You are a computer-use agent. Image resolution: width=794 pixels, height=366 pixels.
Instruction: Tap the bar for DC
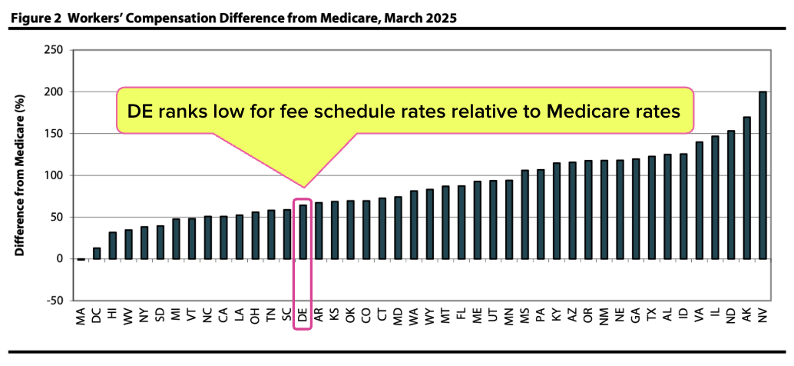97,253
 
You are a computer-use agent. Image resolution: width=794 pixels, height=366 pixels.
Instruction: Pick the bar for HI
113,245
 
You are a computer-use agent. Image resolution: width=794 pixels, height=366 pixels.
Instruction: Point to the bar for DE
303,231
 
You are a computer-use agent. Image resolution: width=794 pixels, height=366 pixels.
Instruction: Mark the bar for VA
699,200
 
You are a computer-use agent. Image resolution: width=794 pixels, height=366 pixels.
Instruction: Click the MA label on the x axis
81,316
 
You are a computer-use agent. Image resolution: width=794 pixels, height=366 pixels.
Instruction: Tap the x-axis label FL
462,314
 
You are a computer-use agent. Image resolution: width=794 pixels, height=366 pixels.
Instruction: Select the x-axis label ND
730,315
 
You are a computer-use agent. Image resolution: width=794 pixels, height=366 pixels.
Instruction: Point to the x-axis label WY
429,316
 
